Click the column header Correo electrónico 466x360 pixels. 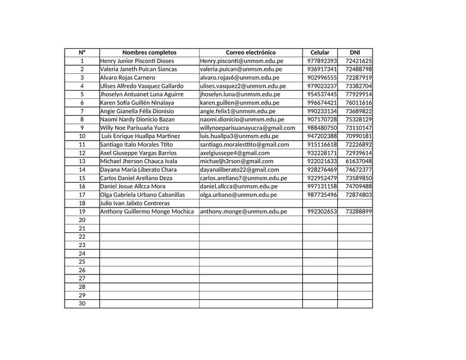(251, 52)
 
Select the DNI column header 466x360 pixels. (355, 52)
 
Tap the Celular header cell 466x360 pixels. (320, 52)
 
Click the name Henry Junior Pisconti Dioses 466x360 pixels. (137, 61)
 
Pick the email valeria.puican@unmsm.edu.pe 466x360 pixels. (241, 69)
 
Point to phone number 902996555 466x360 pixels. (322, 78)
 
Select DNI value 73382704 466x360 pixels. (359, 86)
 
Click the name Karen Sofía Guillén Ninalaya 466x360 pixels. (137, 103)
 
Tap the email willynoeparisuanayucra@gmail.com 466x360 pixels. (247, 128)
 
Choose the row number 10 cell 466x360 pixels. (82, 136)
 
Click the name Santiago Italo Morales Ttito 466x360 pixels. (137, 145)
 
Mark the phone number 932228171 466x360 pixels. (322, 153)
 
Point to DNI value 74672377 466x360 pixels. (359, 169)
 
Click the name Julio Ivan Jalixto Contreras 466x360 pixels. (135, 203)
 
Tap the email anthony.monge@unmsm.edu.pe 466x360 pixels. (243, 211)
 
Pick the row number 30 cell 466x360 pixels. (82, 304)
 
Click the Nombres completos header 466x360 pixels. (149, 52)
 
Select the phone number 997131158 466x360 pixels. (322, 186)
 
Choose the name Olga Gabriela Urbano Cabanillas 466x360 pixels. (142, 195)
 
